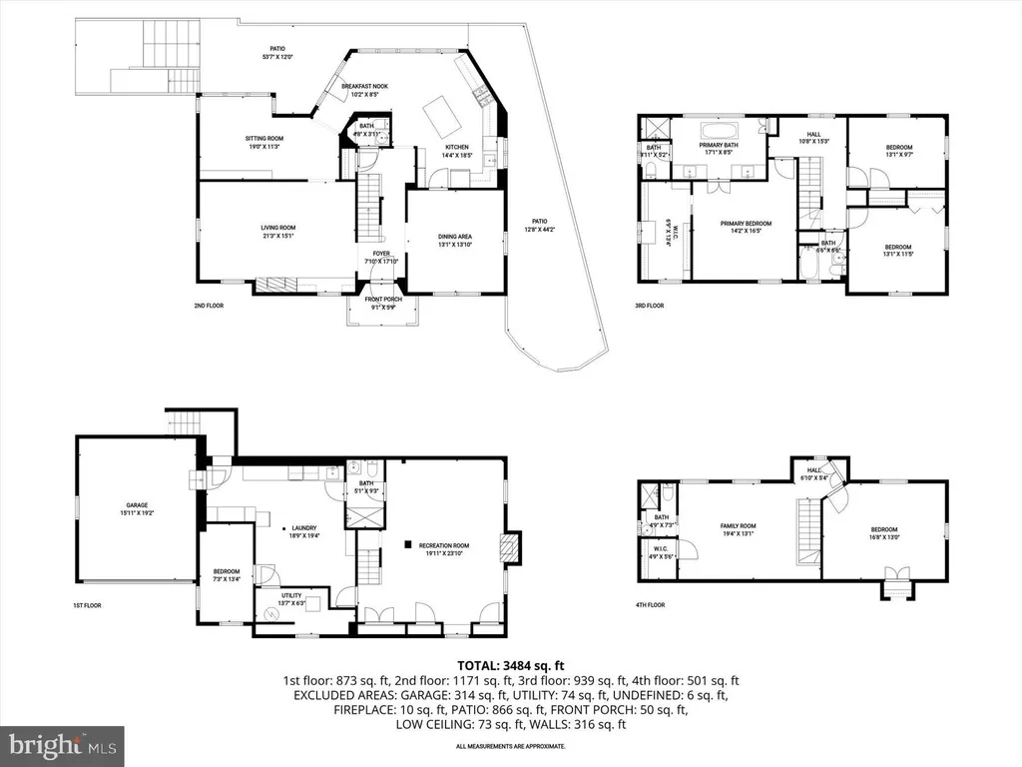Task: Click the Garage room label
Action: coord(138,508)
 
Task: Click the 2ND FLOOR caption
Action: coord(209,306)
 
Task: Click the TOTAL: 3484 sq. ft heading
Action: coord(510,665)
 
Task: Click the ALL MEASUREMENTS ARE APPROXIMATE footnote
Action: coord(510,746)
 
